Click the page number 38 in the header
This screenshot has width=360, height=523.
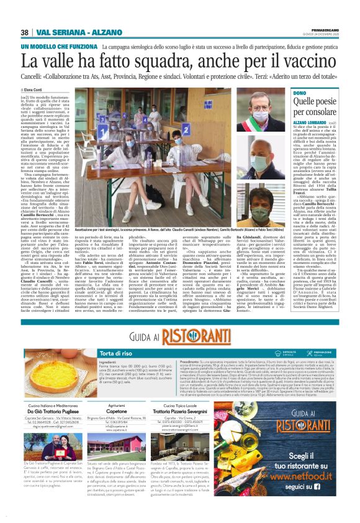(24, 32)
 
